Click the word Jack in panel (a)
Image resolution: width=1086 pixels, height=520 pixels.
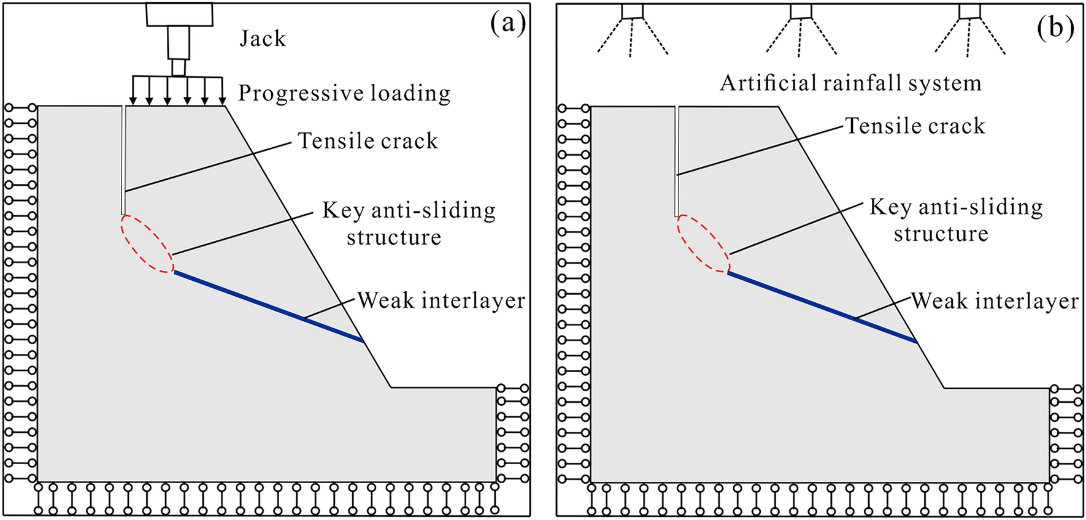[263, 39]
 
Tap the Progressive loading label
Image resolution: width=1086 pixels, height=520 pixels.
[344, 93]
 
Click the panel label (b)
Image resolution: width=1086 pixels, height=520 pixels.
[1055, 27]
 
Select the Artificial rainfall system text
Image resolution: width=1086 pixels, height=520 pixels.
[850, 83]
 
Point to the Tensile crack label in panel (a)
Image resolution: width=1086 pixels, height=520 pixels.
[368, 141]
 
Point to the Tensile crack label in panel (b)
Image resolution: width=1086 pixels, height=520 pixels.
[915, 126]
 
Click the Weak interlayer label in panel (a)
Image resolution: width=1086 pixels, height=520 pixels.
[441, 300]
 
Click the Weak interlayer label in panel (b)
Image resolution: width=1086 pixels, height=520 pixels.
[994, 301]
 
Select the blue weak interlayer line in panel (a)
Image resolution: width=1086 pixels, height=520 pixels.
[268, 306]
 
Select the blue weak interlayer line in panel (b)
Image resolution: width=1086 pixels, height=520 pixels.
[822, 307]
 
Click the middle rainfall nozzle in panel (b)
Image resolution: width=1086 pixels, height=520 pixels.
[801, 11]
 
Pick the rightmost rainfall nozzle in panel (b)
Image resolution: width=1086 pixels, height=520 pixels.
[969, 11]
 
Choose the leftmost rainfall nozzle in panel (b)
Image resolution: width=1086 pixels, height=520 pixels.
[632, 11]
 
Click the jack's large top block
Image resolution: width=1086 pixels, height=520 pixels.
[179, 13]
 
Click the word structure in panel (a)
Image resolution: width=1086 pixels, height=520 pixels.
[393, 238]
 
